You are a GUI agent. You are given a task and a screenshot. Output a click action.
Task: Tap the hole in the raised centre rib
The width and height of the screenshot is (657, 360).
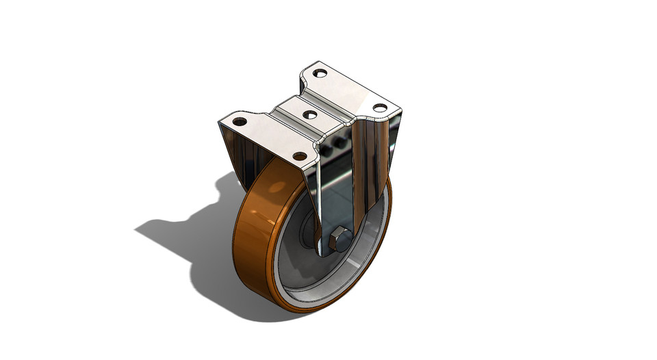(x=309, y=114)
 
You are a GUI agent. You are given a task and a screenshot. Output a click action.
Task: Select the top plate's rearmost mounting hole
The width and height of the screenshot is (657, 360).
(x=319, y=73)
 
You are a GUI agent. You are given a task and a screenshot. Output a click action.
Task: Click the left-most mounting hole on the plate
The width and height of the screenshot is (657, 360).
(x=240, y=122)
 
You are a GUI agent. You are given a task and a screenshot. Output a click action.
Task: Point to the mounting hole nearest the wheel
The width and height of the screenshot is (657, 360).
(x=300, y=156)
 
